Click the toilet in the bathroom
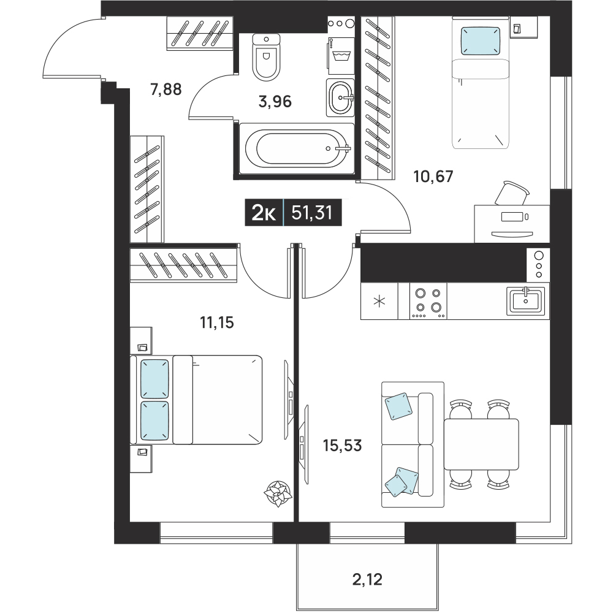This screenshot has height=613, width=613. coord(267,56)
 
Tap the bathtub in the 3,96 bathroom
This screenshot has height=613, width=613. coord(297,148)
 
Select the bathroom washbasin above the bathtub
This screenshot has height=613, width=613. coord(340,97)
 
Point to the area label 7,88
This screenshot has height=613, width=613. coord(166,89)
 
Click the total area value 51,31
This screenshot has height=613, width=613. coord(313,213)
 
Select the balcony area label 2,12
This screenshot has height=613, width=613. coord(367,579)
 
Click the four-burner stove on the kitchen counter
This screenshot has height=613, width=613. coord(428,300)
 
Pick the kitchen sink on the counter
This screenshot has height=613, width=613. coord(526,300)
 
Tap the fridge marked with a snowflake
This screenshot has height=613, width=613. coord(379,301)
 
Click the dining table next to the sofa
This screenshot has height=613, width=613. coord(481,444)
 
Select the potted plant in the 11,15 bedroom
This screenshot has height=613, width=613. coord(278,493)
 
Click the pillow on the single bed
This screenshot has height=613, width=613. coord(481,40)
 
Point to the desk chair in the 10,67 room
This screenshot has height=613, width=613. coord(512,193)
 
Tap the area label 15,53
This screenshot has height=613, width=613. coord(343,445)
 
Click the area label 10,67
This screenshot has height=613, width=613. coord(433,177)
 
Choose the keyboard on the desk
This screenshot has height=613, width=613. coord(512,234)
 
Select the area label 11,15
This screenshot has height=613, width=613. coord(217,323)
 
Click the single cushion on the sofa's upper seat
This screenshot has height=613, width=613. coord(398,406)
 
